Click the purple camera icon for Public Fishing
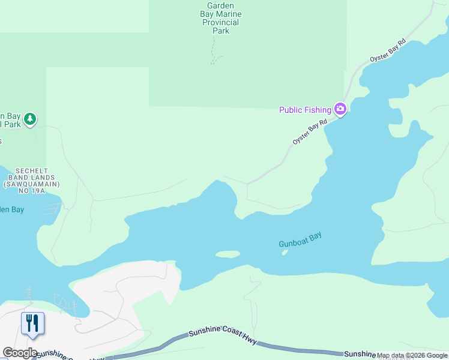click(x=340, y=109)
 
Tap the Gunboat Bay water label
click(x=300, y=240)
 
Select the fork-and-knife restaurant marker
click(x=32, y=323)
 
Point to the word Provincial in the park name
click(x=221, y=23)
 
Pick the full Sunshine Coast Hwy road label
click(x=223, y=337)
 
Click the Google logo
click(x=20, y=353)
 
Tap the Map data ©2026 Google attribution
click(x=412, y=356)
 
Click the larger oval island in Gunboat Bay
click(x=228, y=254)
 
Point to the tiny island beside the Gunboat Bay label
click(x=285, y=252)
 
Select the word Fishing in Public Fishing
click(x=317, y=110)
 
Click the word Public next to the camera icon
click(x=291, y=110)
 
